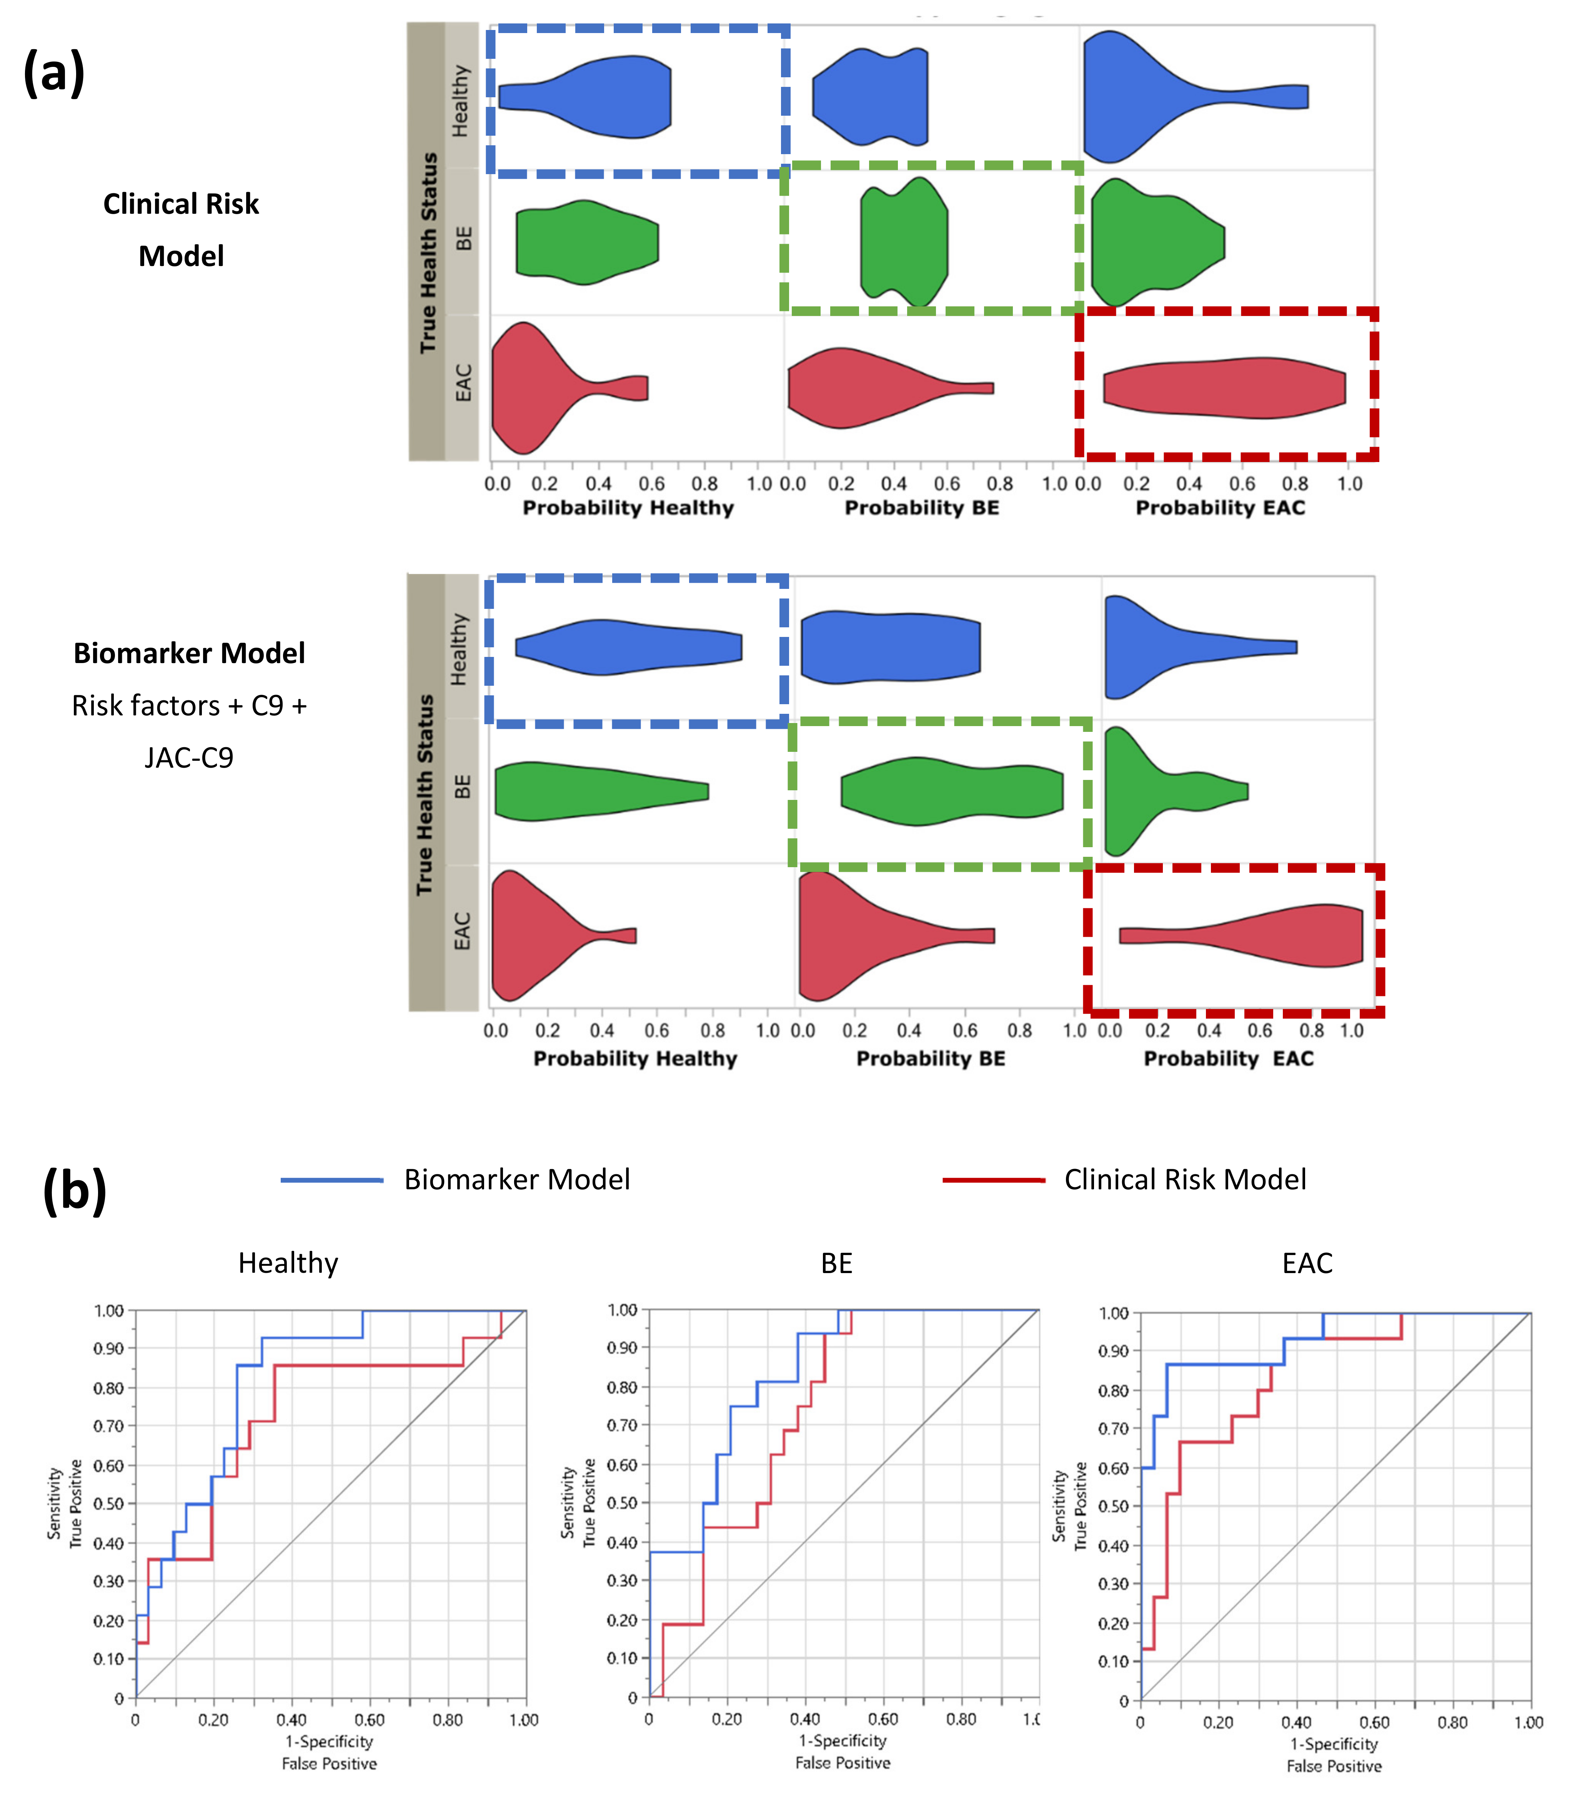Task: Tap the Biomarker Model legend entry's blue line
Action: tap(331, 1180)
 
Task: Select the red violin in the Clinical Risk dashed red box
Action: tap(1224, 387)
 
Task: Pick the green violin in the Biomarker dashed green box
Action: tap(952, 791)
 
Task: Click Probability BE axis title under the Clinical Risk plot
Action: tap(921, 508)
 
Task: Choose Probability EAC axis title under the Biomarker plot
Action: tap(1228, 1058)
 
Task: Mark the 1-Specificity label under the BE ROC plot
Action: tap(842, 1740)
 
